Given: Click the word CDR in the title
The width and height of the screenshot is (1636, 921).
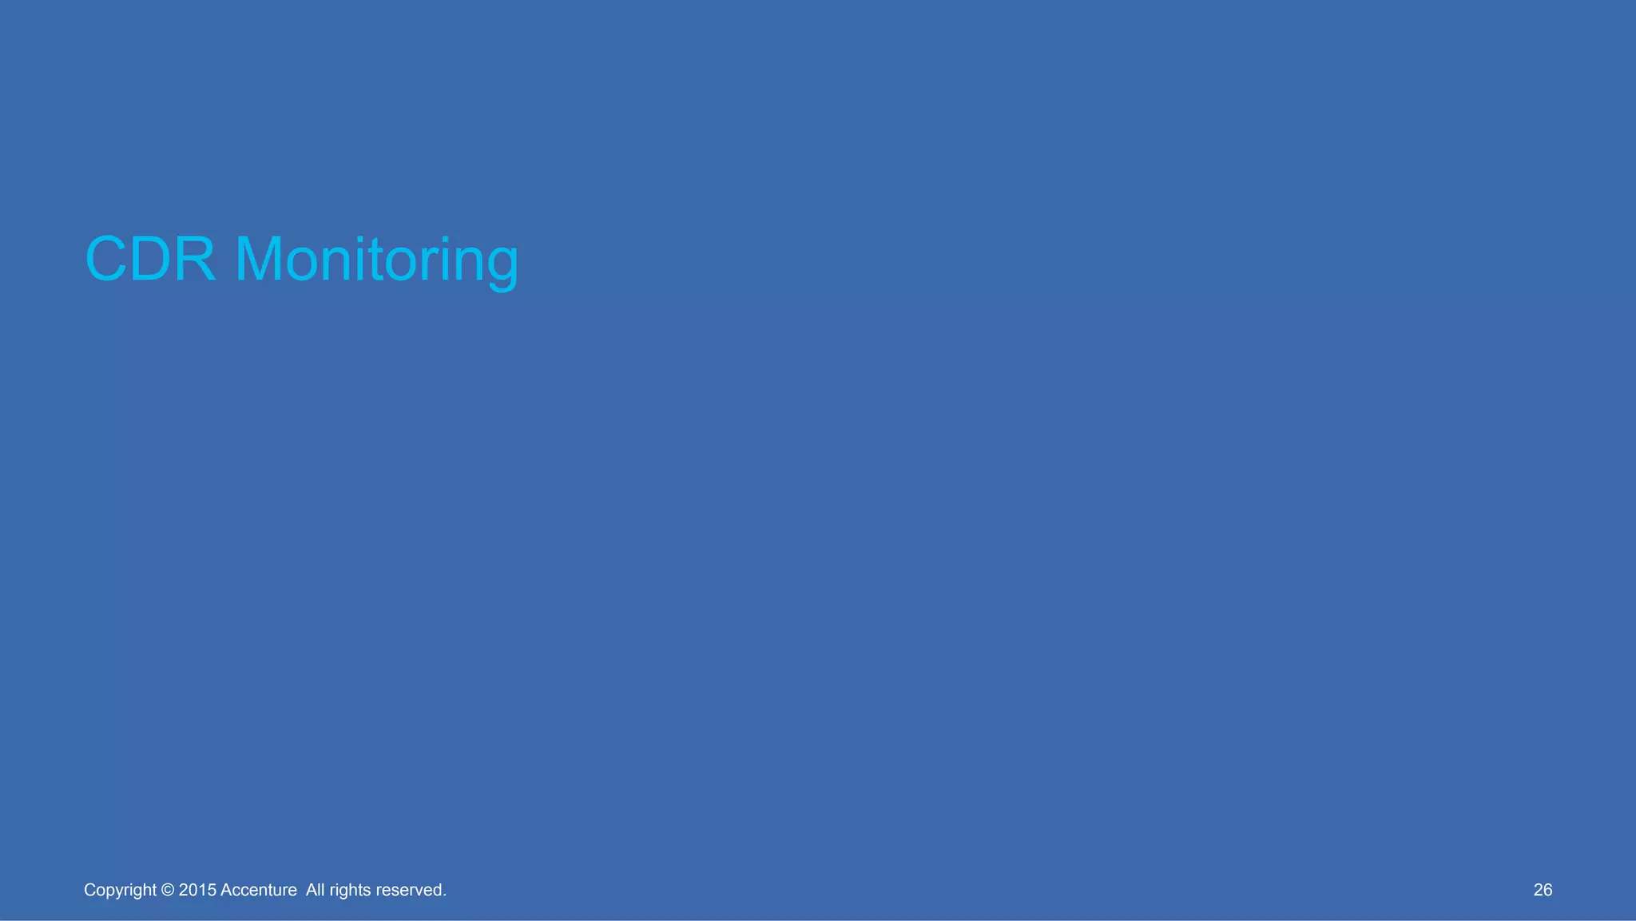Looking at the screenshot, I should click(150, 260).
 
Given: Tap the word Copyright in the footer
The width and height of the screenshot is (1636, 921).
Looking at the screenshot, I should click(120, 890).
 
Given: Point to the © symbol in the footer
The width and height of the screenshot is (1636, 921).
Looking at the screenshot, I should click(168, 890).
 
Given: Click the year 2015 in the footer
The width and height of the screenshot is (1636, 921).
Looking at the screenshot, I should click(197, 890).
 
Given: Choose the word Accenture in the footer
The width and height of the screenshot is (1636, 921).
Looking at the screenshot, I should click(258, 890).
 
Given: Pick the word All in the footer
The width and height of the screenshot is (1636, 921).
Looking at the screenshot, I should click(315, 890).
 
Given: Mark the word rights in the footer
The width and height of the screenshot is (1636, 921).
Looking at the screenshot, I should click(349, 890).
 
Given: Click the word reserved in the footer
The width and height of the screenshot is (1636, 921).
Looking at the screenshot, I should click(409, 890).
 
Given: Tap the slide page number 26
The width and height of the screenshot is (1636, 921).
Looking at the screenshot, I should click(1543, 890).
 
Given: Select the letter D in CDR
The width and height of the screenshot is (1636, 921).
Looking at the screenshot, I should click(151, 260).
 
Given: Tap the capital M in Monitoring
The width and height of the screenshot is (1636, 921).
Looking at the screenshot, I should click(260, 260).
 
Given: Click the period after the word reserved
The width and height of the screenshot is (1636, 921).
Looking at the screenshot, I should click(444, 895).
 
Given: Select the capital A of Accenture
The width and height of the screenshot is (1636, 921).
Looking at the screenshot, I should click(225, 890).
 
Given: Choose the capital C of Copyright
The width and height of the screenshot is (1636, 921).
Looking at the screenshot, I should click(89, 890).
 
